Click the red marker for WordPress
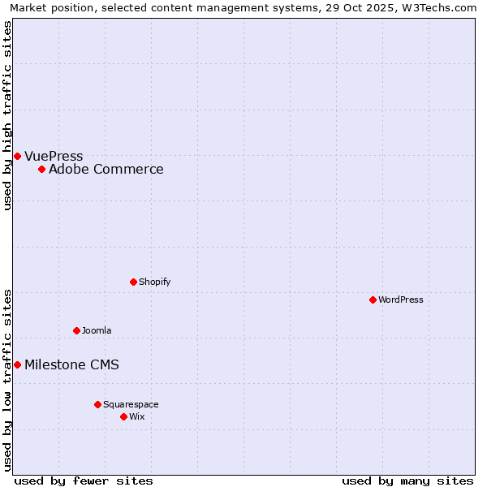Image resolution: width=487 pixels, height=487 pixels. pyautogui.click(x=373, y=300)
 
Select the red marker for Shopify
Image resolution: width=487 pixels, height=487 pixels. pyautogui.click(x=133, y=282)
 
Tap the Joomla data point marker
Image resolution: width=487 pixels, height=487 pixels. pyautogui.click(x=76, y=330)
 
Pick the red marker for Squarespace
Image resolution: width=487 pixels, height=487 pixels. pyautogui.click(x=97, y=404)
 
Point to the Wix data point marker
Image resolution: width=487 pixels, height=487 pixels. pyautogui.click(x=123, y=416)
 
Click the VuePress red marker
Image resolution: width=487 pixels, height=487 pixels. pyautogui.click(x=17, y=156)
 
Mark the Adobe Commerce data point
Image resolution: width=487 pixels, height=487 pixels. pyautogui.click(x=41, y=169)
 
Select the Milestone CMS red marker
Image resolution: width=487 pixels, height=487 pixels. pyautogui.click(x=17, y=364)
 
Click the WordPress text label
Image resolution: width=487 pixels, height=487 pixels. pyautogui.click(x=401, y=300)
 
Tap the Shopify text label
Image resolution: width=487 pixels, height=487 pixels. pyautogui.click(x=154, y=282)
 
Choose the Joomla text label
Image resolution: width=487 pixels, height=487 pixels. pyautogui.click(x=97, y=330)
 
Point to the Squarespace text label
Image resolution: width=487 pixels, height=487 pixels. pyautogui.click(x=131, y=404)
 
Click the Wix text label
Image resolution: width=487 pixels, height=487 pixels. pyautogui.click(x=136, y=416)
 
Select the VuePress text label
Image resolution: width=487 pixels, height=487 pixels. pyautogui.click(x=54, y=156)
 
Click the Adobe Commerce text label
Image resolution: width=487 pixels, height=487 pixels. pyautogui.click(x=106, y=169)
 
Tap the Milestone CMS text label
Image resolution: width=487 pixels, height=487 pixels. pyautogui.click(x=71, y=364)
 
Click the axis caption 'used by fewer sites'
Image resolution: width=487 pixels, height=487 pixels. pyautogui.click(x=84, y=481)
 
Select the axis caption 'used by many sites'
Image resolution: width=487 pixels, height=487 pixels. pyautogui.click(x=407, y=481)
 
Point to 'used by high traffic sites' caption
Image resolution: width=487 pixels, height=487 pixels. pyautogui.click(x=7, y=115)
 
